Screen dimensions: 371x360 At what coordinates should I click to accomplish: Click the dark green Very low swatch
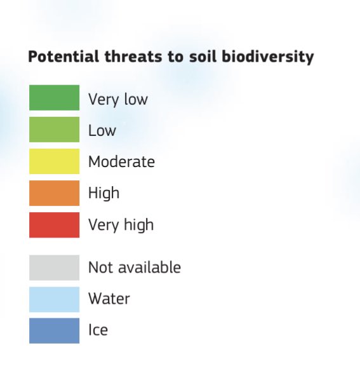coord(54,98)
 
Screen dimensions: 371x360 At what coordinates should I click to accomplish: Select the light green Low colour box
coord(54,130)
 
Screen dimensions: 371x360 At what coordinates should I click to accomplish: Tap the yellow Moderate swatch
coord(54,161)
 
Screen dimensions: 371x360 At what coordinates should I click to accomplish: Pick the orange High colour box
coord(54,193)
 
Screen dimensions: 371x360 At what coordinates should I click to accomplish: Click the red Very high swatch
coord(54,225)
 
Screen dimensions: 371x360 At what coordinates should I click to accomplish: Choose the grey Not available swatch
coord(54,267)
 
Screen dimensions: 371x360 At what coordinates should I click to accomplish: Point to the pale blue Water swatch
coord(54,299)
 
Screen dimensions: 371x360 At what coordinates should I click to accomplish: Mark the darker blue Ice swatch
coord(54,330)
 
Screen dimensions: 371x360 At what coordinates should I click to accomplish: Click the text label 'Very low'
coord(117,99)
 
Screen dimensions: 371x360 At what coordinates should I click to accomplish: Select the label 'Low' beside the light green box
coord(102,131)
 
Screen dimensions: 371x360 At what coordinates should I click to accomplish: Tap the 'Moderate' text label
coord(121,162)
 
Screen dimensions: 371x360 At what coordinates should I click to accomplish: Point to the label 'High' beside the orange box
coord(103,193)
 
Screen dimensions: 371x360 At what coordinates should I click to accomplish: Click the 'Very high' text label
coord(121,225)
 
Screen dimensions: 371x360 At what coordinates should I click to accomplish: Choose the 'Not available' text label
coord(134,267)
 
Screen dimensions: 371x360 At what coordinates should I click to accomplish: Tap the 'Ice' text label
coord(98,330)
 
